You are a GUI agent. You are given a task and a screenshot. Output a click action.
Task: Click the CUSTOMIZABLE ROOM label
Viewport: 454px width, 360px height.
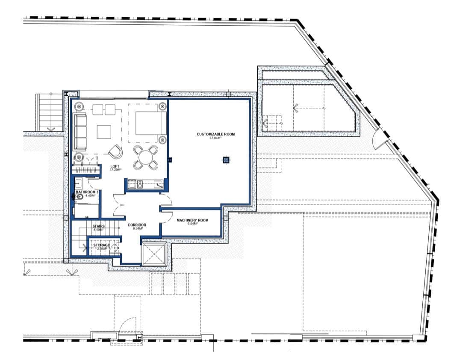[216, 134]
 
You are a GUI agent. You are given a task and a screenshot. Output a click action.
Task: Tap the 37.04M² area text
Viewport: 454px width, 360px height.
[216, 139]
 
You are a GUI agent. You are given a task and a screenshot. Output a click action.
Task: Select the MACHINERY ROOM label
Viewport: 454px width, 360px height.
[192, 220]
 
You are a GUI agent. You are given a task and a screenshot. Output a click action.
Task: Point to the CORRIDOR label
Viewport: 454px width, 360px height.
[137, 224]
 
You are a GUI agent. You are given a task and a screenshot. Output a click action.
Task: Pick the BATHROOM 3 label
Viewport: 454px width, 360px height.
[87, 192]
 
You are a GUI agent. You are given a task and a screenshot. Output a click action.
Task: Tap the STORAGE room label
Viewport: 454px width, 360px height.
[102, 245]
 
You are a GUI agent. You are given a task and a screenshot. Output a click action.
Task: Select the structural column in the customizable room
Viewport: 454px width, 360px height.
[226, 160]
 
